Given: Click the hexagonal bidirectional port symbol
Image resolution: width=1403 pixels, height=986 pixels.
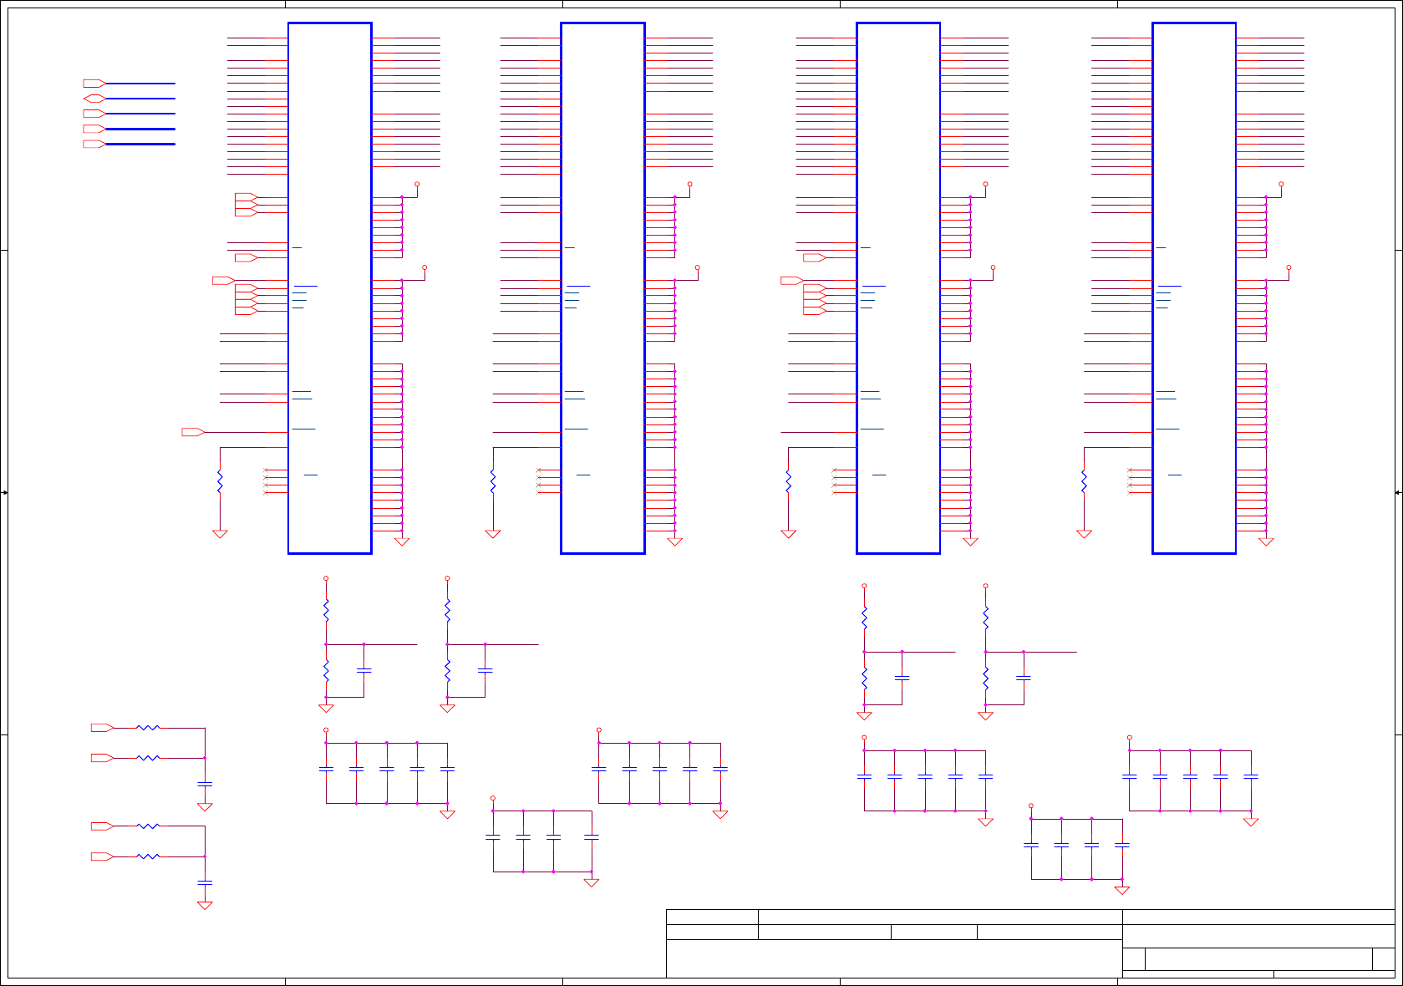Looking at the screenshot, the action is point(94,99).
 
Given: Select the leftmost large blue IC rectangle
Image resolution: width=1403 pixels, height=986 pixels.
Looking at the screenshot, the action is point(330,288).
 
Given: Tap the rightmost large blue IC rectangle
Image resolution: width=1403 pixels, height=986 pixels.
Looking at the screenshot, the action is point(1193,288).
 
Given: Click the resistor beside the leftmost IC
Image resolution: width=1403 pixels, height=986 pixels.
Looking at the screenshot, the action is point(220,482).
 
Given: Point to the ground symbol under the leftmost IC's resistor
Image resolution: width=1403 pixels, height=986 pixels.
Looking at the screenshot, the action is point(220,534).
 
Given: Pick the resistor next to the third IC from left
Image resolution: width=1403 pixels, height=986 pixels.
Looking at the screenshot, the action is point(788,482).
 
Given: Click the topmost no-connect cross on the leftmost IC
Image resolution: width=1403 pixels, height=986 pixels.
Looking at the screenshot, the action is point(266,470).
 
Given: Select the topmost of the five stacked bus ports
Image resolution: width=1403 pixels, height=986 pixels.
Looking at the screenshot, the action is point(94,84).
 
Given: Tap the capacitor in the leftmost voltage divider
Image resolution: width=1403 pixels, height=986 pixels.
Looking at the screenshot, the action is point(363,670).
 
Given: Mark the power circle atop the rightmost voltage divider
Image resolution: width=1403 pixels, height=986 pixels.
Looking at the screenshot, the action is point(985,586).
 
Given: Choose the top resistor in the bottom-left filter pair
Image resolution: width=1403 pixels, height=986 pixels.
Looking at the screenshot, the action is point(148,728).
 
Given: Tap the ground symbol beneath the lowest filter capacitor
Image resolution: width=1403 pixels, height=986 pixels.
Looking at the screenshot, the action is point(205,905).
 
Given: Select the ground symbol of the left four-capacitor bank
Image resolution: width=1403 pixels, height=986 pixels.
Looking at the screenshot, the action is point(592,882).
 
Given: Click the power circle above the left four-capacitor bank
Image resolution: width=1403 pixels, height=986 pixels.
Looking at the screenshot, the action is point(493,798).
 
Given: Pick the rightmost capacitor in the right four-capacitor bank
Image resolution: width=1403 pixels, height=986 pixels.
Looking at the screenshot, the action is point(1122,845).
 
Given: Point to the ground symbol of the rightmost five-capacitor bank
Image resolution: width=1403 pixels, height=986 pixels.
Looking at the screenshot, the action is point(1251,822).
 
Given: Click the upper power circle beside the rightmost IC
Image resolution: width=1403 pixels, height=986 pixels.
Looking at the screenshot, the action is point(1281,184).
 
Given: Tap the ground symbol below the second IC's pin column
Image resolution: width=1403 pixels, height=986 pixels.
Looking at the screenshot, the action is point(675,541).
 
